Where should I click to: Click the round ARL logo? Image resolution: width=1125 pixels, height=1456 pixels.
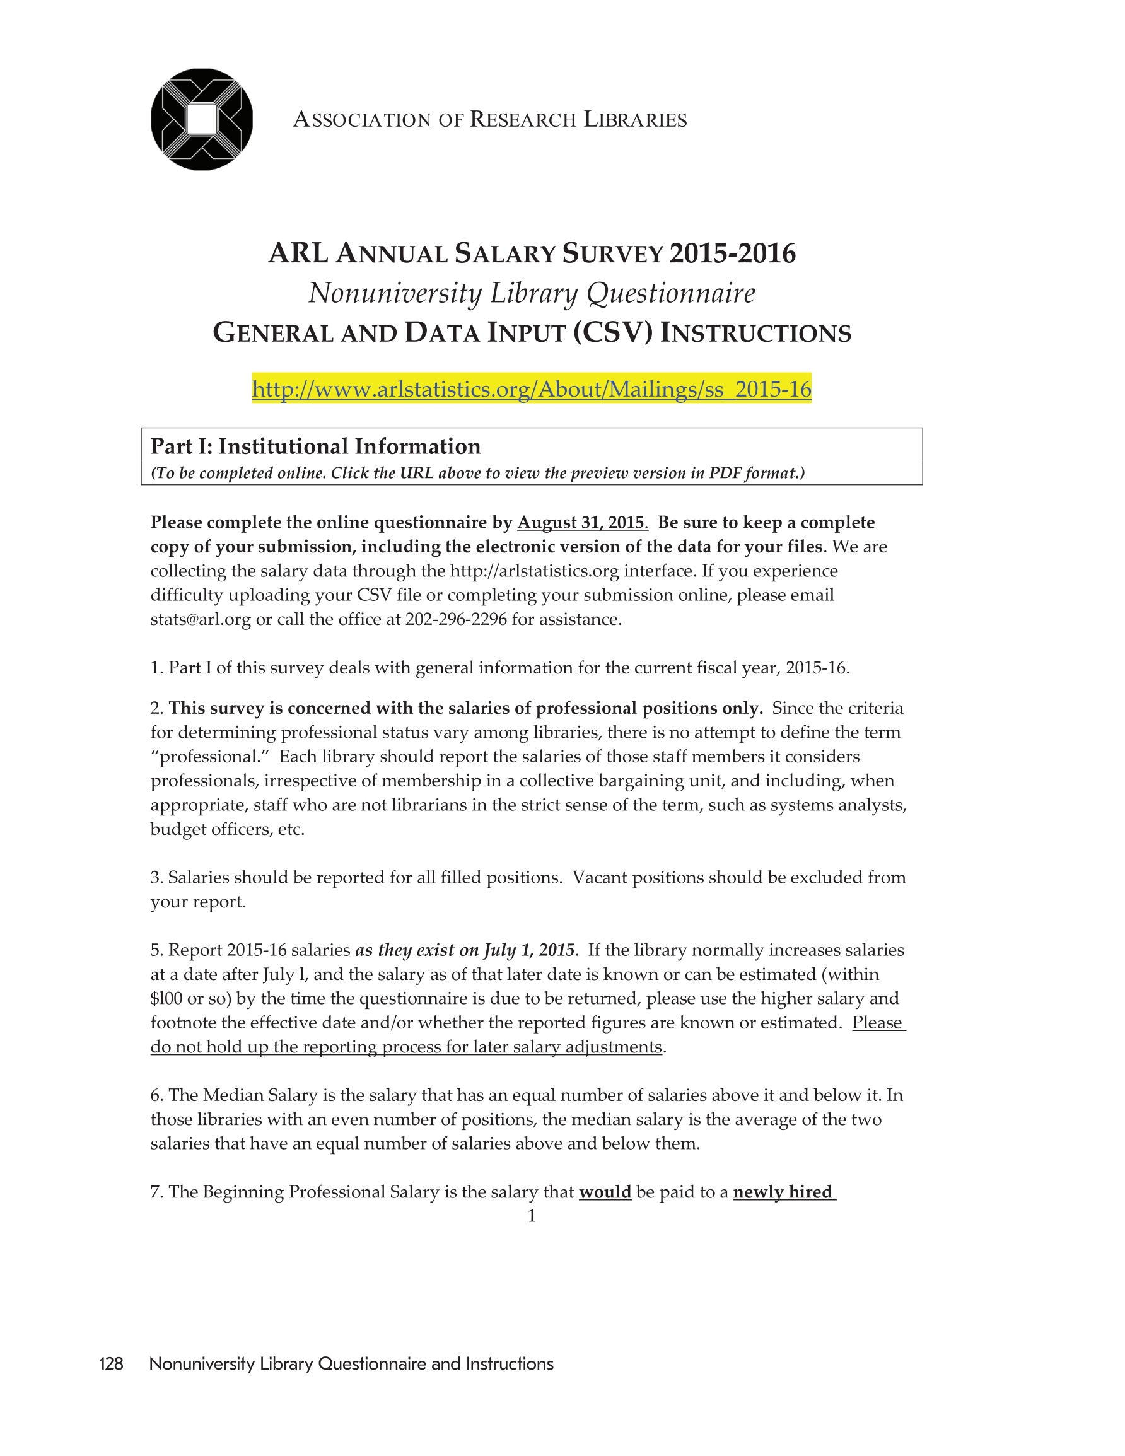click(x=201, y=119)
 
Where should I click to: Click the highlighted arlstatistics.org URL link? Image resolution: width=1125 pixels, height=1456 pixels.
click(x=532, y=388)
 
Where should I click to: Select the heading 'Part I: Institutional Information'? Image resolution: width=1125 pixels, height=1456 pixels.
click(x=315, y=446)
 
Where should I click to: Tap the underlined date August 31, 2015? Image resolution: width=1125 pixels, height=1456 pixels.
click(x=582, y=523)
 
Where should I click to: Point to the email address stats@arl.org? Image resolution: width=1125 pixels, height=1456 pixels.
click(x=200, y=619)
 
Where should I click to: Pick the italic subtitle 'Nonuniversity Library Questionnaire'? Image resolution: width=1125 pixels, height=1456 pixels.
click(x=532, y=293)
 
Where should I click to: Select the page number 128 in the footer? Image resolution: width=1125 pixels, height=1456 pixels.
click(x=111, y=1364)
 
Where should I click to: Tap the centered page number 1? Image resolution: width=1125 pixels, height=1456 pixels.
click(x=532, y=1216)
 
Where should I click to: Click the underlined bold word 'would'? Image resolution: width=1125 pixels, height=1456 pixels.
click(x=605, y=1192)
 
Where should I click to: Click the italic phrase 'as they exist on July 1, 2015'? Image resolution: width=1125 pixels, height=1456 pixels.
click(x=464, y=950)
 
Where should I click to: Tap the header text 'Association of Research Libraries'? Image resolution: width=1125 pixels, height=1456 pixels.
click(x=490, y=120)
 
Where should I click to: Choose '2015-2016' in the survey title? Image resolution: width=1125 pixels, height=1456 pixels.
click(x=732, y=254)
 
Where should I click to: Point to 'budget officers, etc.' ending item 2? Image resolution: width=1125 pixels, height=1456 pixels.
click(x=228, y=829)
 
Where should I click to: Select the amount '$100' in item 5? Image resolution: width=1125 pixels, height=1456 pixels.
click(x=166, y=999)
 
